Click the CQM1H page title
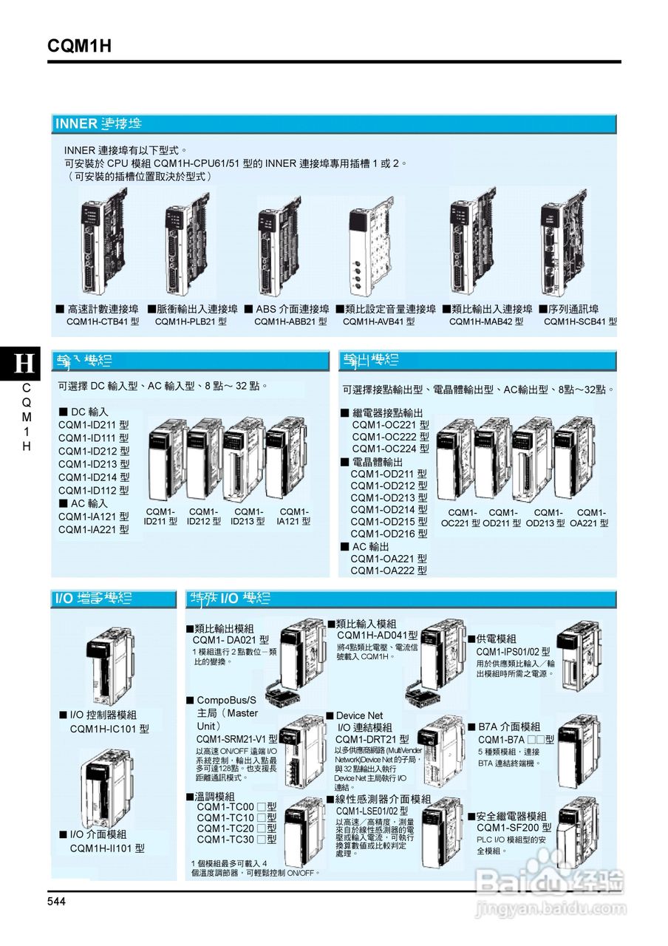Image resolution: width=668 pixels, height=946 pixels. (80, 46)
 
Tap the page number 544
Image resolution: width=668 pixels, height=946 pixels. (57, 901)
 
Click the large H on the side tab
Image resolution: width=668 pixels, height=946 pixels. (25, 363)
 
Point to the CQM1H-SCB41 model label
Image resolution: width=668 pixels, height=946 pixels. (580, 321)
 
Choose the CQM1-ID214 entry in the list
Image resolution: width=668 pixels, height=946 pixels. (94, 477)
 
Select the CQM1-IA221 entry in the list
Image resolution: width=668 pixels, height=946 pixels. (94, 529)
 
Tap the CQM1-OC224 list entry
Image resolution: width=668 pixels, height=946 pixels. (390, 449)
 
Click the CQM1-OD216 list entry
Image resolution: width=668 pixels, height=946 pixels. (389, 534)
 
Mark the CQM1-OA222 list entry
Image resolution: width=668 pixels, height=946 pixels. (389, 571)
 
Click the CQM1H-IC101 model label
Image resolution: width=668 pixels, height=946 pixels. (109, 729)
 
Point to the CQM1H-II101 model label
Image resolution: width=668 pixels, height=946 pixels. (107, 848)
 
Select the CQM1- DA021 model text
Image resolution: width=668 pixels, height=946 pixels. (231, 640)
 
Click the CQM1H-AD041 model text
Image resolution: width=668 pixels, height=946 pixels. (377, 635)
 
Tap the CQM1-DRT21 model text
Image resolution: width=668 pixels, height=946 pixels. (372, 739)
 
